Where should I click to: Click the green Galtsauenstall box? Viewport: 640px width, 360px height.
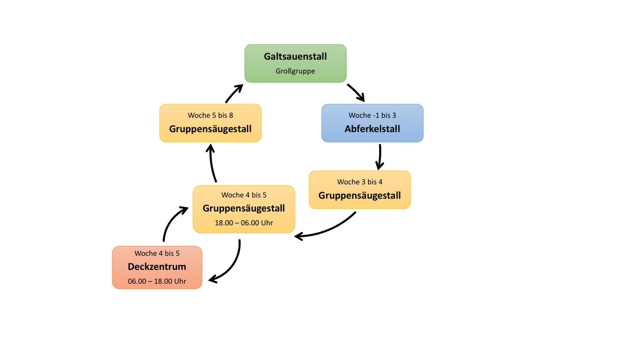pos(295,63)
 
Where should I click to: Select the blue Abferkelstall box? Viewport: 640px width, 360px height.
pos(372,123)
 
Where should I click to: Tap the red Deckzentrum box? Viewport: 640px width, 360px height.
pos(157,267)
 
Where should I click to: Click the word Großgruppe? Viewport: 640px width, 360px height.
pos(295,70)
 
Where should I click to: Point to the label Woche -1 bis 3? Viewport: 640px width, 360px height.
pos(372,115)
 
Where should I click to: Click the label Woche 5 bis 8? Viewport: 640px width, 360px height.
pos(210,115)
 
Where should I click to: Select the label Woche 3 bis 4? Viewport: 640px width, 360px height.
pos(359,182)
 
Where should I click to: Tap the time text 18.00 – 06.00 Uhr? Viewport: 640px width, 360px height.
pos(244,222)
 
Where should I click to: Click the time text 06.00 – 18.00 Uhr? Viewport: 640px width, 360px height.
pos(157,281)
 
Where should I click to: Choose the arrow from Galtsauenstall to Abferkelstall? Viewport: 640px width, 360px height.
pos(356,92)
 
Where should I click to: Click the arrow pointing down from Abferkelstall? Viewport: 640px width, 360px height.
pos(380,156)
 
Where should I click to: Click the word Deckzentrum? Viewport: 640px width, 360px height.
pos(157,267)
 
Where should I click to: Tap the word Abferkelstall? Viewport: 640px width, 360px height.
pos(372,129)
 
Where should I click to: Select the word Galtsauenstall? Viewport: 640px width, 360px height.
pos(295,57)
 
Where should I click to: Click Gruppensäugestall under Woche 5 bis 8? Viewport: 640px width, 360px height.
pos(210,129)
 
